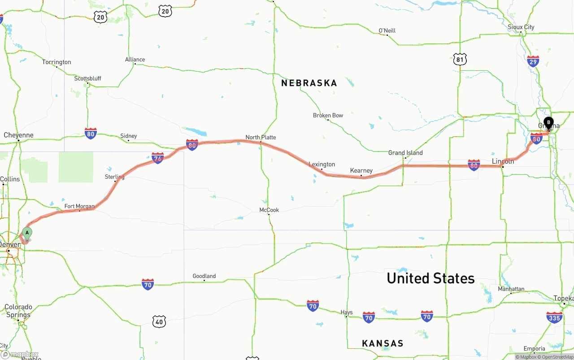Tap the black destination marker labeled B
coord(548,122)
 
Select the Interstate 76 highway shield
coord(158,158)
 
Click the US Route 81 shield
coord(460,59)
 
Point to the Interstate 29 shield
coord(533,61)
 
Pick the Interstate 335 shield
coord(554,317)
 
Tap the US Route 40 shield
coord(159,321)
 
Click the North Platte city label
coord(261,137)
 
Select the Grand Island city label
coord(405,153)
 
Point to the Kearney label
coord(361,170)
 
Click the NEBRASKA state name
coord(309,83)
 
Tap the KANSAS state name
coord(383,343)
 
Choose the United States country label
coord(430,278)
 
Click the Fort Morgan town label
coord(79,207)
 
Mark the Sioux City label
coord(521,27)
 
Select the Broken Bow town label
coord(328,116)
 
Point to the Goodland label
coord(204,276)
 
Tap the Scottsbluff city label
coord(87,78)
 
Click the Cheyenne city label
coord(18,135)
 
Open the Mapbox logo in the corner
coord(20,355)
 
